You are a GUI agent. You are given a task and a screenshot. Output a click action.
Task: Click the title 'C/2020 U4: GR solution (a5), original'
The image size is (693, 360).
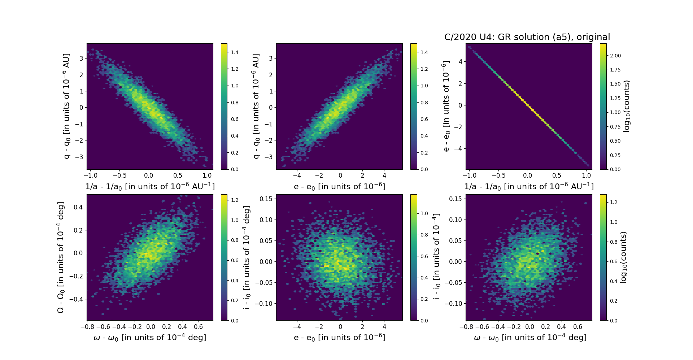[527, 37]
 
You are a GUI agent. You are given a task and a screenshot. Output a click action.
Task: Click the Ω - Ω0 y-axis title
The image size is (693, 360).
[61, 257]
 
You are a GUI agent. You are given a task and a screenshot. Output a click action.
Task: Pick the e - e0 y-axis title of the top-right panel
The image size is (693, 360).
[446, 106]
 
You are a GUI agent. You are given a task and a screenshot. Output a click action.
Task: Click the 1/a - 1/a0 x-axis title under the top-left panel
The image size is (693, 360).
[150, 187]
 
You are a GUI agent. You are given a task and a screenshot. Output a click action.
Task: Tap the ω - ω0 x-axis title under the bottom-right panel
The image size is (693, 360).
[530, 338]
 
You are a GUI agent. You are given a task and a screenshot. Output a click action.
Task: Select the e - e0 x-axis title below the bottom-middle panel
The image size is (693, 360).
[339, 338]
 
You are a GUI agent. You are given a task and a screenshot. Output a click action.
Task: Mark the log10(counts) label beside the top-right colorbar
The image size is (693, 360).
[627, 106]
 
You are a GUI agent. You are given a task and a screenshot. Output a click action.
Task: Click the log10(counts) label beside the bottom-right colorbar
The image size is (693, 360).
[623, 257]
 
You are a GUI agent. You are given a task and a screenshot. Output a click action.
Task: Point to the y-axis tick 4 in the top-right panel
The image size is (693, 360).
[460, 62]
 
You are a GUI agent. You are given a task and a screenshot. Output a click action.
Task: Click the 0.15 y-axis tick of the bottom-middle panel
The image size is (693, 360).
[266, 199]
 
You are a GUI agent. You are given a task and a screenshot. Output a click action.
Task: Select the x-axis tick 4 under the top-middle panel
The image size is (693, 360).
[384, 176]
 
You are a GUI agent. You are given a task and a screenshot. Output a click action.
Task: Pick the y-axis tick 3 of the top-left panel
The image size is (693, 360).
[81, 58]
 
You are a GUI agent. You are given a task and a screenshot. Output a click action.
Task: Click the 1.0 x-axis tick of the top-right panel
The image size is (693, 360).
[587, 176]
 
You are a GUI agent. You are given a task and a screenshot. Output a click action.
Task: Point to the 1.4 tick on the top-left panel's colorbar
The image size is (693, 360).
[235, 52]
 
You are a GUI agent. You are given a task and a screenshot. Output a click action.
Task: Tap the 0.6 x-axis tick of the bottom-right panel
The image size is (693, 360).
[577, 327]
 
